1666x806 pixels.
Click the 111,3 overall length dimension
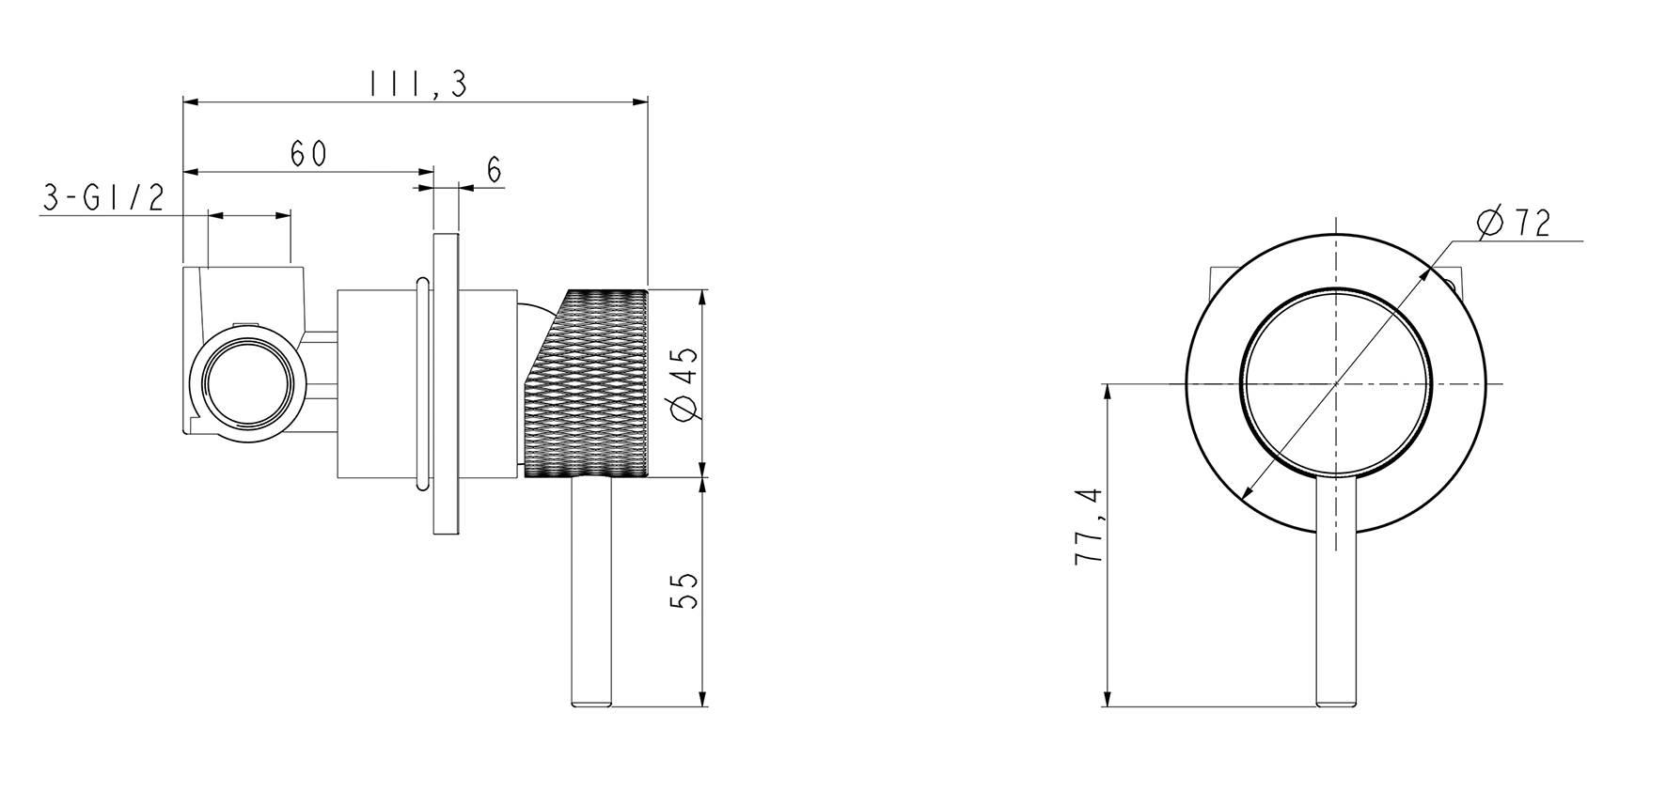[x=417, y=85]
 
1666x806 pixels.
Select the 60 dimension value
[x=308, y=154]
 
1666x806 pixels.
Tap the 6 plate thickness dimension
[x=495, y=170]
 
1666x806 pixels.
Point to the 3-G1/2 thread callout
[x=104, y=197]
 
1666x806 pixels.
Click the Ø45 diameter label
[x=684, y=383]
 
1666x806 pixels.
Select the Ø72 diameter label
[x=1513, y=224]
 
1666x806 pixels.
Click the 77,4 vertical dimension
[x=1088, y=526]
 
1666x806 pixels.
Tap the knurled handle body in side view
[x=585, y=384]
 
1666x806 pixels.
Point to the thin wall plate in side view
[x=445, y=384]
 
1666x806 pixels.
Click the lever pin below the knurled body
[x=591, y=593]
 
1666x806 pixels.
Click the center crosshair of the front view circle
[x=1336, y=383]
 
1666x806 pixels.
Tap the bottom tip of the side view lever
[x=591, y=706]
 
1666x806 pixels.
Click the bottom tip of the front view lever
[x=1336, y=706]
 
